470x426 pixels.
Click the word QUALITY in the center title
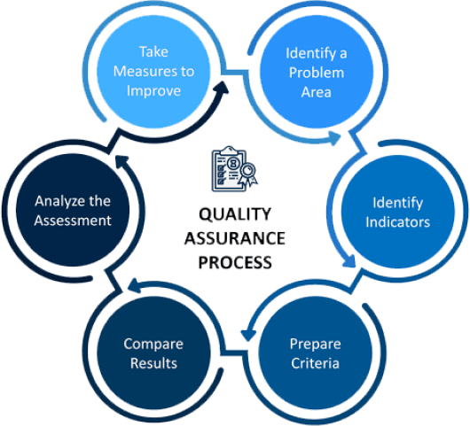pos(235,214)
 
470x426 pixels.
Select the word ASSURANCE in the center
pos(235,238)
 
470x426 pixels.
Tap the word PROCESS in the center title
pos(235,262)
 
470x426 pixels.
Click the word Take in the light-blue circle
pos(153,51)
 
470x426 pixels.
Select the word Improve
pos(153,90)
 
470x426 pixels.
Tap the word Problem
pos(317,73)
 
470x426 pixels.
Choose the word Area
pos(317,92)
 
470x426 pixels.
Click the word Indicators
pos(398,222)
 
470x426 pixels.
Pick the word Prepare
pos(316,345)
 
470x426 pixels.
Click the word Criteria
pos(316,363)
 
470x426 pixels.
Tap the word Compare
pos(153,345)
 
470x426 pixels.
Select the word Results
pos(153,363)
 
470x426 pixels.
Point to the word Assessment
pos(73,221)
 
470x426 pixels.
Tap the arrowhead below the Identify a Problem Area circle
pos(333,138)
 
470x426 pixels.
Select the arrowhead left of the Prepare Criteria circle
pos(248,335)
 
